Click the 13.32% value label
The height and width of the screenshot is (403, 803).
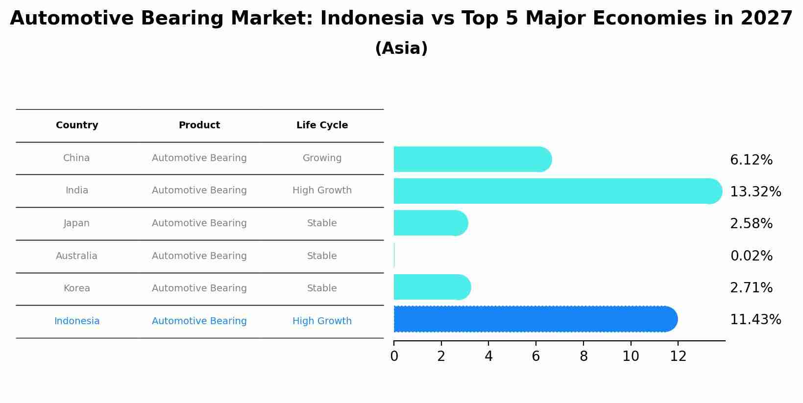pos(755,192)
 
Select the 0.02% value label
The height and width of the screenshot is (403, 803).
pos(751,256)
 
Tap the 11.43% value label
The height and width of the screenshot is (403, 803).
pos(755,320)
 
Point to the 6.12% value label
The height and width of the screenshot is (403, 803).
pos(751,160)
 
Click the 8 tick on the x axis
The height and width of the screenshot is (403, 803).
pos(584,356)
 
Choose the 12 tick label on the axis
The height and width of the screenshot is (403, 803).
pos(678,356)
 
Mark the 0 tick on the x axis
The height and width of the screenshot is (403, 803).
pos(394,356)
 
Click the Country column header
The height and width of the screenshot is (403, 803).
pos(77,125)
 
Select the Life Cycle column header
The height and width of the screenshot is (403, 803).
pos(322,125)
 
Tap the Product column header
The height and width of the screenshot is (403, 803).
pos(199,125)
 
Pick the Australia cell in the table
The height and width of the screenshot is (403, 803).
pos(76,256)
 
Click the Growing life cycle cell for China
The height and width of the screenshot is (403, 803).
pos(322,158)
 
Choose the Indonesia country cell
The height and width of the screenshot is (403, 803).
pos(77,321)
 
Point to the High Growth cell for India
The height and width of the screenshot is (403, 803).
pos(322,190)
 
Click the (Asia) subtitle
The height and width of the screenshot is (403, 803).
pos(401,48)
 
